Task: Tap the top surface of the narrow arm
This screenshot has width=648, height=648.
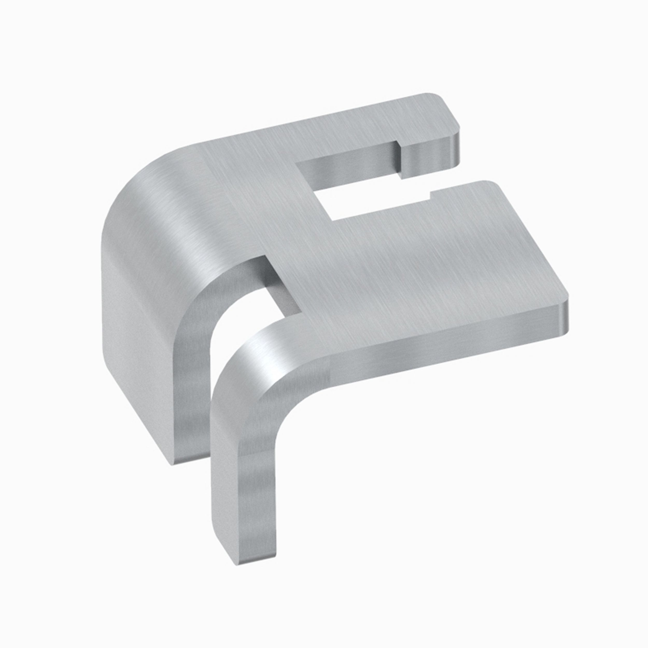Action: [352, 131]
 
